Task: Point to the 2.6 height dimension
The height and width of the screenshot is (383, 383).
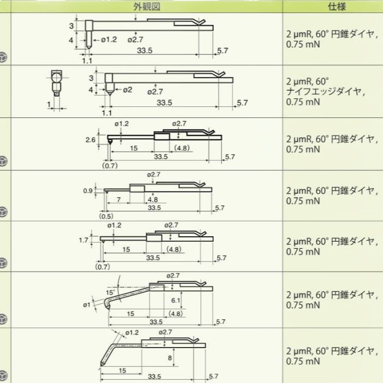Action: (x=91, y=140)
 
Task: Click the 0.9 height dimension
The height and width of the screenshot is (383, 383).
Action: (x=88, y=190)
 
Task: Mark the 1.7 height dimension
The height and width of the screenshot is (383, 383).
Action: (x=83, y=240)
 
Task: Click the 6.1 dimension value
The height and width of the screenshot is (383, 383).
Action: (x=176, y=301)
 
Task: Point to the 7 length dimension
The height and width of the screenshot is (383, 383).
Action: (x=118, y=200)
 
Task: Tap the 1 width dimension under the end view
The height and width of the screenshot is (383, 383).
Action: (x=49, y=103)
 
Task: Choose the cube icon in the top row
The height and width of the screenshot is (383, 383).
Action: (x=4, y=57)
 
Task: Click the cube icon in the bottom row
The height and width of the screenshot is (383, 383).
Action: (x=4, y=376)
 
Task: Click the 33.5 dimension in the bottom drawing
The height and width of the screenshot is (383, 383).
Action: (x=154, y=376)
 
